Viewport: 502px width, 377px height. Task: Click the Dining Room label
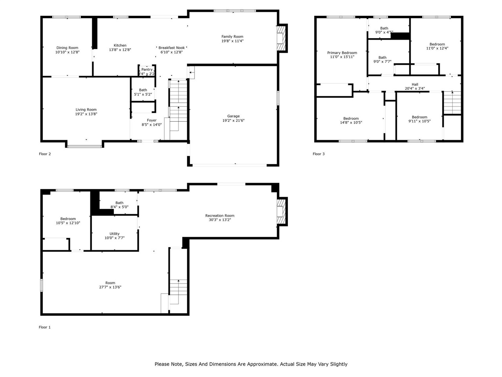click(x=67, y=48)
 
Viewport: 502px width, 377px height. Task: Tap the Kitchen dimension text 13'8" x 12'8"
click(x=120, y=50)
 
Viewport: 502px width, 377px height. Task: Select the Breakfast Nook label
click(x=171, y=48)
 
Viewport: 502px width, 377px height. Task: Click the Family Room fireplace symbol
click(x=281, y=38)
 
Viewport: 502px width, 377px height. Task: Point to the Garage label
click(x=233, y=116)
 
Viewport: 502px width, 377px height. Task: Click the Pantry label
click(x=147, y=70)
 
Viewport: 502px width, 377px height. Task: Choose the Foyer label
click(x=152, y=120)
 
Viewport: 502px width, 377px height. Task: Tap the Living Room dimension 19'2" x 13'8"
click(x=86, y=114)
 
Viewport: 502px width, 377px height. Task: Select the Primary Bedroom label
click(x=342, y=53)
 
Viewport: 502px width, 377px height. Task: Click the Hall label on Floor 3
click(x=415, y=84)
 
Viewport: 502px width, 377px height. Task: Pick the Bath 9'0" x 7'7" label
click(x=382, y=57)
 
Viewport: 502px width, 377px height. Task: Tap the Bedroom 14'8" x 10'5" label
click(x=351, y=118)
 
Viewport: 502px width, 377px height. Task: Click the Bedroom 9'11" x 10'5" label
click(x=419, y=117)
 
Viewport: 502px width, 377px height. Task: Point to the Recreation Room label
click(x=220, y=216)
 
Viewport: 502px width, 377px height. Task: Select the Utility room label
click(x=115, y=234)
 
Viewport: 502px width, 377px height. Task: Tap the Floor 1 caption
click(x=45, y=327)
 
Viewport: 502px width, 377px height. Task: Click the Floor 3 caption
click(x=318, y=154)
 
